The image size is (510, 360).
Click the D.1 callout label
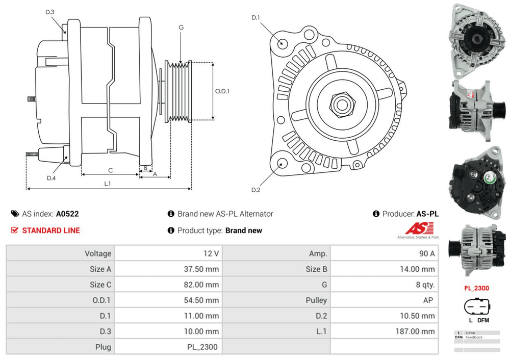(x=256, y=18)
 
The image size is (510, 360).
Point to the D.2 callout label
(x=256, y=190)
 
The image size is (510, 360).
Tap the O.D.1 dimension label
(x=222, y=92)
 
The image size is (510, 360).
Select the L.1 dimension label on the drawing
(x=108, y=184)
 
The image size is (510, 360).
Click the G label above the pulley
(x=181, y=28)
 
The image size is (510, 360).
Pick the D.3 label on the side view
(x=50, y=12)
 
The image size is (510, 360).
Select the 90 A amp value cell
(x=426, y=253)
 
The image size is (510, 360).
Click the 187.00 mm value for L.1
(x=416, y=331)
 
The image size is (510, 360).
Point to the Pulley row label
(x=316, y=300)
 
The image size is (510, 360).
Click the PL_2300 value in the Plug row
(x=202, y=347)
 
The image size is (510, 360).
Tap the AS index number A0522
(x=67, y=214)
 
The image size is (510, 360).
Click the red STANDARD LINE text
(x=51, y=230)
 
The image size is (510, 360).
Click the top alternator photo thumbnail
(x=475, y=38)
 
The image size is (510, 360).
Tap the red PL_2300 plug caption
(x=476, y=288)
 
